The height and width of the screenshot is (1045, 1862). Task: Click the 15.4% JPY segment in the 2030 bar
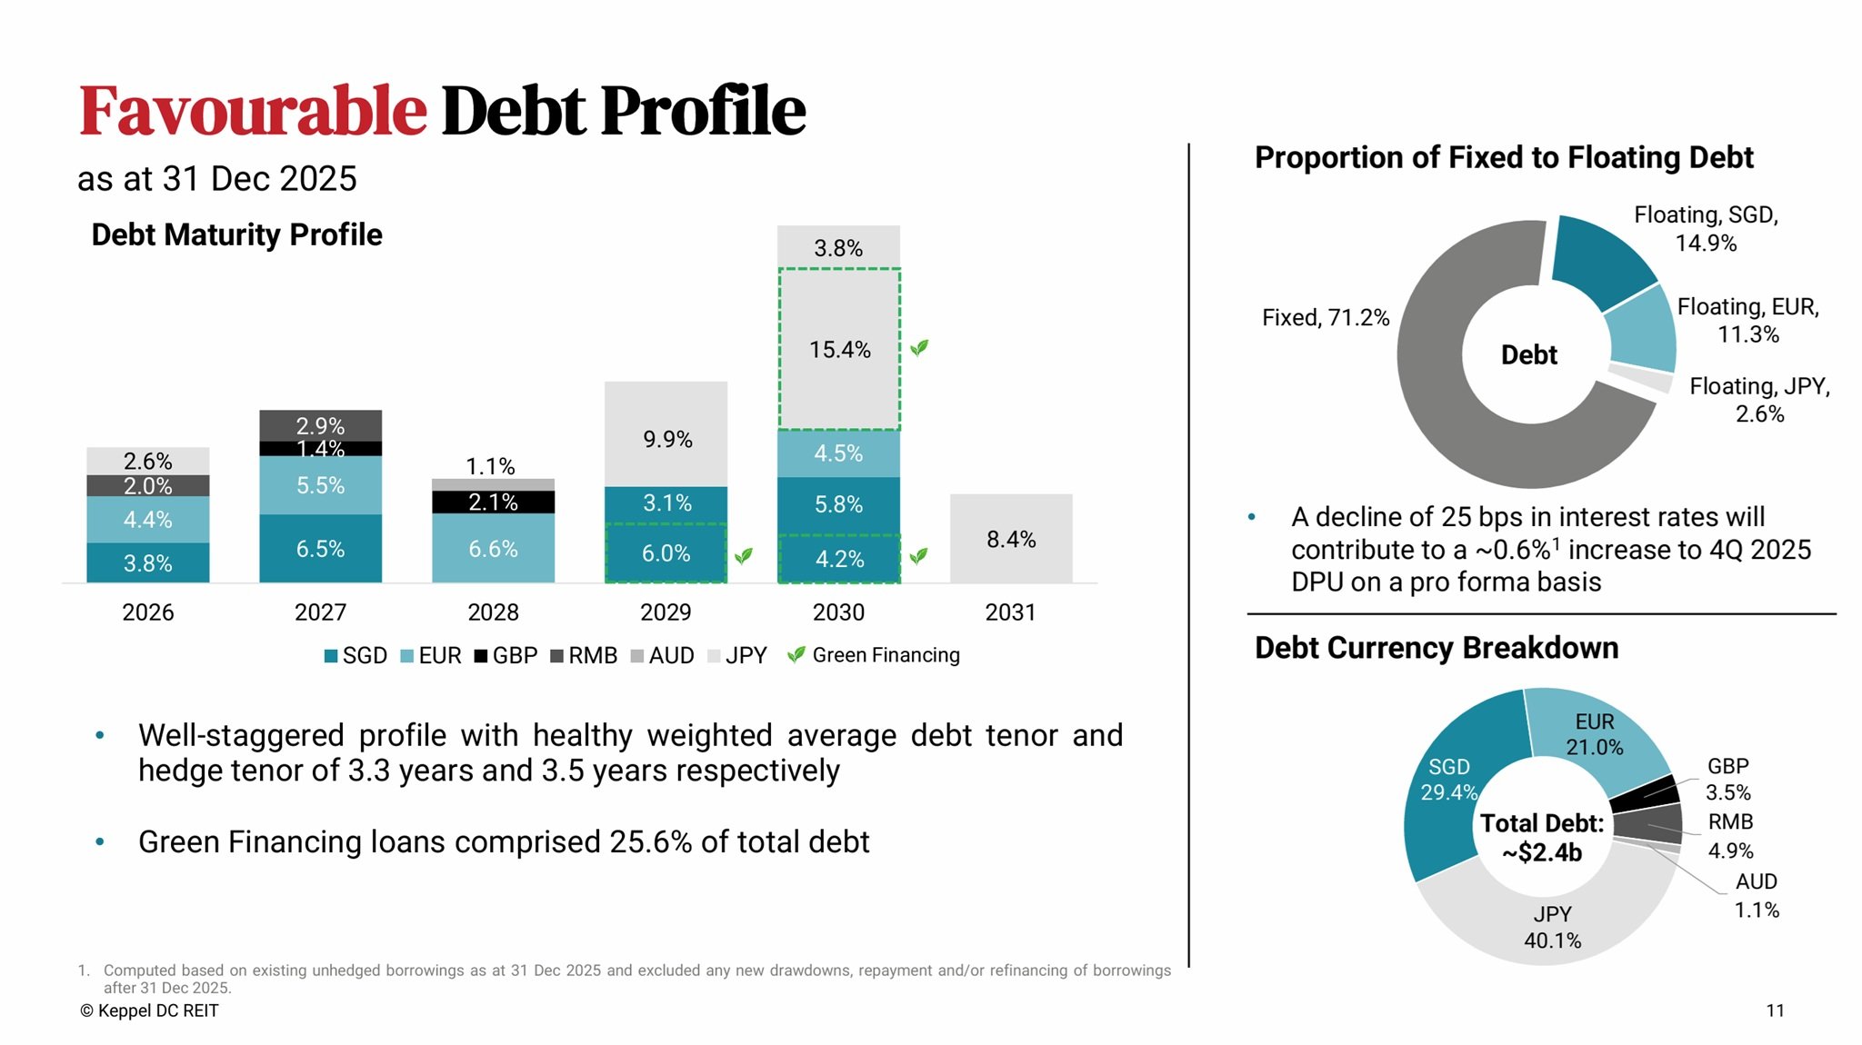[838, 349]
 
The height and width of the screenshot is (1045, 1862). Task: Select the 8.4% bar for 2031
[1011, 539]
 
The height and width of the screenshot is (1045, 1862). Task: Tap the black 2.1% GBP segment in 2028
[493, 502]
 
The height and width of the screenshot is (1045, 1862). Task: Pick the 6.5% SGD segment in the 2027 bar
[320, 549]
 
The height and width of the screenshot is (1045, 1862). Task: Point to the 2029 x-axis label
[666, 612]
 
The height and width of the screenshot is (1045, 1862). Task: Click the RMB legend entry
[584, 655]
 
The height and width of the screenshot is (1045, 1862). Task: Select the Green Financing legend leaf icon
[796, 654]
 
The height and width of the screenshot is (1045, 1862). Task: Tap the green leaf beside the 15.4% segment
[919, 347]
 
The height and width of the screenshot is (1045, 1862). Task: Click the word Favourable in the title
[253, 111]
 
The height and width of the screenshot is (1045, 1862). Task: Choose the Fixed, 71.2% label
[1326, 317]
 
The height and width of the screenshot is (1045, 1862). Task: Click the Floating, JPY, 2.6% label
[1759, 400]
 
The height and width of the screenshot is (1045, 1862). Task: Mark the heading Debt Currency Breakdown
[1437, 648]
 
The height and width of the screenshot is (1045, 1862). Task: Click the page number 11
[1775, 1010]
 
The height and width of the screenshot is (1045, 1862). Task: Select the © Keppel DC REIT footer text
[149, 1010]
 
